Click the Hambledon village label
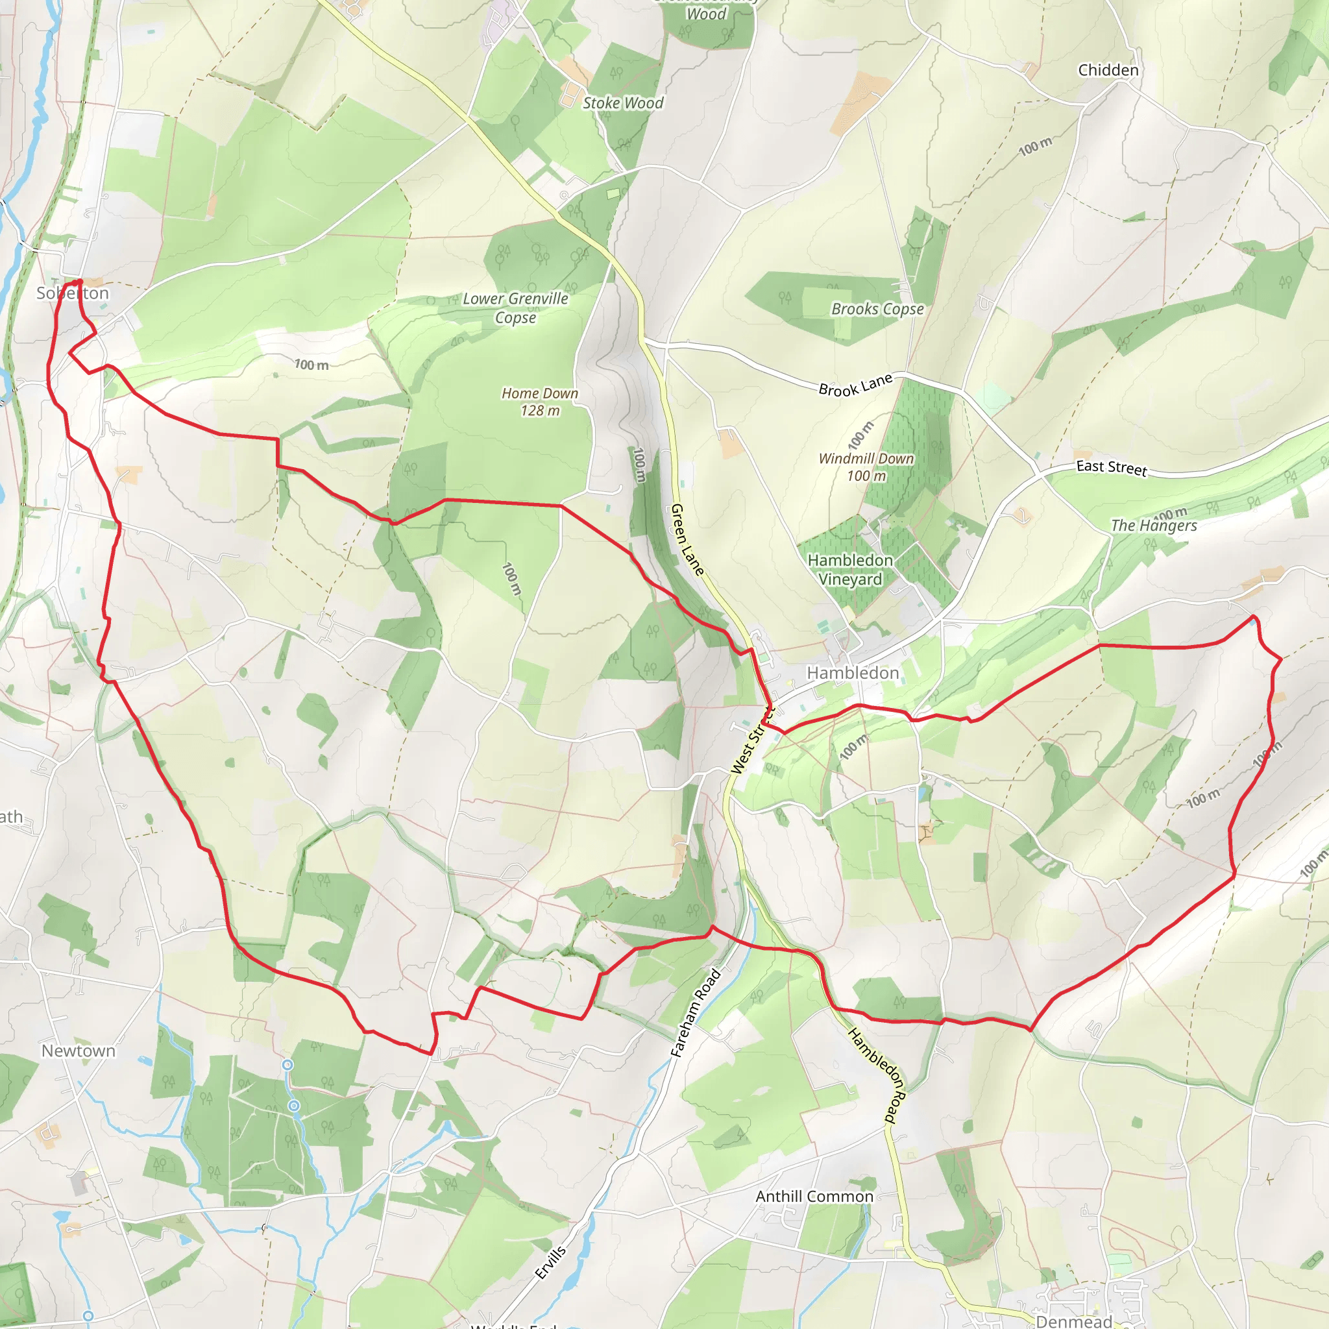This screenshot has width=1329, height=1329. point(852,673)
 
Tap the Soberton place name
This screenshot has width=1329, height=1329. point(72,293)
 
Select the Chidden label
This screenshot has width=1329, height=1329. point(1108,70)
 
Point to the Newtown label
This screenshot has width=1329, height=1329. point(79,1051)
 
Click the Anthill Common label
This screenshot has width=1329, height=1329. point(814,1196)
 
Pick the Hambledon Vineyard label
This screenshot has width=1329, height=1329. point(850,570)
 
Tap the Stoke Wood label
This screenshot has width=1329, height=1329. point(622,103)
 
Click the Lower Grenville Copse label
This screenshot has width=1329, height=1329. point(515,308)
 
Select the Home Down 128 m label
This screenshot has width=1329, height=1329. point(540,402)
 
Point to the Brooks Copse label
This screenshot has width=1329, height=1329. point(877,309)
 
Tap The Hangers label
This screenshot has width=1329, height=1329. point(1154,526)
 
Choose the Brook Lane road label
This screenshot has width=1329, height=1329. point(855,385)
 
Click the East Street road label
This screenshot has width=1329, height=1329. point(1112,468)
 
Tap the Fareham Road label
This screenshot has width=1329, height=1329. point(696,1012)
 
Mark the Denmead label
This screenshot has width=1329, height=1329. point(1073,1321)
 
